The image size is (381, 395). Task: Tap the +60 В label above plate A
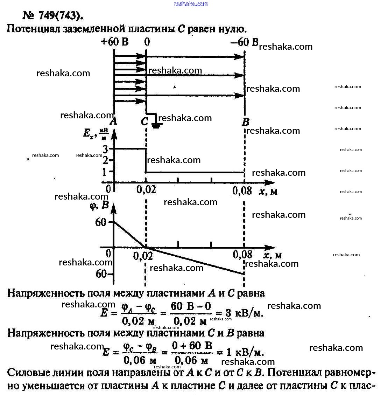[x=115, y=42]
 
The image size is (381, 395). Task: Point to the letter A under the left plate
[x=113, y=122]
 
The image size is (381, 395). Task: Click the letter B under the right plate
[x=245, y=122]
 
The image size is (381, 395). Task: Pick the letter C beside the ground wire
[x=144, y=122]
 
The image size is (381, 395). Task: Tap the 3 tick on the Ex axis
[x=106, y=149]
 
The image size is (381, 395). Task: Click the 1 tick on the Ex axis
[x=106, y=172]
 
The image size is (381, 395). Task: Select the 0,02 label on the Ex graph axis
[x=145, y=191]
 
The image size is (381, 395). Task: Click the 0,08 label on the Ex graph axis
[x=242, y=191]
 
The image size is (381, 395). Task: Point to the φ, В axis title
[x=99, y=206]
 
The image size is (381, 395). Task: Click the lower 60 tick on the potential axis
[x=101, y=273]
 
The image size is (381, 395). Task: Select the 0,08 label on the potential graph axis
[x=242, y=255]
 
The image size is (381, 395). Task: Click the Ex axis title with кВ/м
[x=94, y=134]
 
